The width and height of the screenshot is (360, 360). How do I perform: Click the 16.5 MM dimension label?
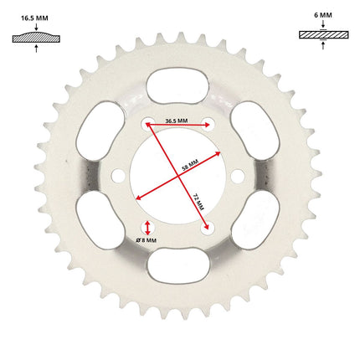click(x=34, y=18)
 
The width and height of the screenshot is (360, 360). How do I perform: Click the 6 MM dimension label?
click(x=323, y=15)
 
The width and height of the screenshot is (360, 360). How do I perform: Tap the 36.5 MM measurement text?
click(x=177, y=121)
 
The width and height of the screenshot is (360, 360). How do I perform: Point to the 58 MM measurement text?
click(x=190, y=165)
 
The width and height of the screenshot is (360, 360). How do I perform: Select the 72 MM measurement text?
click(x=199, y=202)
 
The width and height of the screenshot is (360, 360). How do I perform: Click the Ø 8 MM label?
click(x=147, y=240)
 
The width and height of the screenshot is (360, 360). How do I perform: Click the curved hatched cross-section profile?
click(x=36, y=37)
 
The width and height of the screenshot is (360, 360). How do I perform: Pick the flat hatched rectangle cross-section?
click(x=324, y=34)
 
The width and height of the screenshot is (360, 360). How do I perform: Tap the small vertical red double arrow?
click(x=147, y=228)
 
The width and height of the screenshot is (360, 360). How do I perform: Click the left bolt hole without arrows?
click(x=118, y=176)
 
